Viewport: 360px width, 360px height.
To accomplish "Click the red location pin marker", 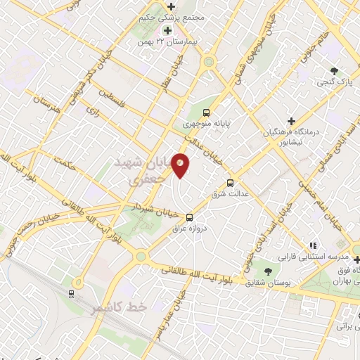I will click(x=181, y=165).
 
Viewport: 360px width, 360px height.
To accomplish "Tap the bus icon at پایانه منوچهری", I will click(x=206, y=112).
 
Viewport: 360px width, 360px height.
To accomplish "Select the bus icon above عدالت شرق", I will click(x=230, y=183).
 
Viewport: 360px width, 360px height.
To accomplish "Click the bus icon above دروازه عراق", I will click(x=189, y=217).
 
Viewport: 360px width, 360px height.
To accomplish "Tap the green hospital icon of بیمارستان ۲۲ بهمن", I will click(x=167, y=30).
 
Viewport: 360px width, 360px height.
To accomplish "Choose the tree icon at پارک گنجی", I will click(x=335, y=71).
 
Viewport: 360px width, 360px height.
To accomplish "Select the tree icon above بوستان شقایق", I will click(x=266, y=271).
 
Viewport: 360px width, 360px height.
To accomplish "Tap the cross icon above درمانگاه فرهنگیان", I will click(x=291, y=121).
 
